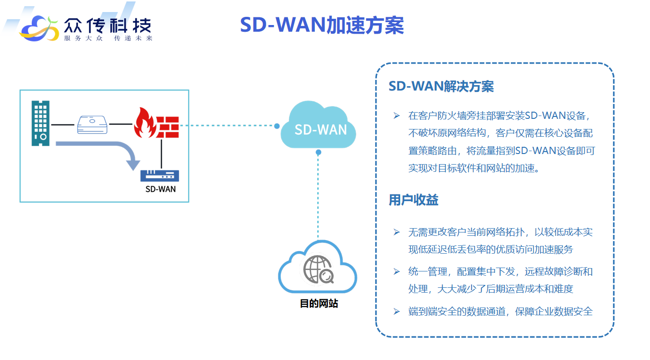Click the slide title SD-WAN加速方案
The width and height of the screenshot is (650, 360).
point(322,25)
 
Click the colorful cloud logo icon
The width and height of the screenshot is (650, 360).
point(39,28)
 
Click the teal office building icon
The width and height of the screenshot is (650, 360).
point(40,123)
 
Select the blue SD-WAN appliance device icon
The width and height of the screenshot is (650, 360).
point(159,176)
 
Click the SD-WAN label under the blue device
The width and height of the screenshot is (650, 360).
point(160,189)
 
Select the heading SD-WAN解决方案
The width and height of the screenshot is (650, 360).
point(441,86)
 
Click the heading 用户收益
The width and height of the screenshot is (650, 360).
point(414,200)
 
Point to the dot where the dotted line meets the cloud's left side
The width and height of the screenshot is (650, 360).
point(277,126)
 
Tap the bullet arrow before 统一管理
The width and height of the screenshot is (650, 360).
point(396,271)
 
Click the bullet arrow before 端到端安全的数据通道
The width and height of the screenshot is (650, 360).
point(396,311)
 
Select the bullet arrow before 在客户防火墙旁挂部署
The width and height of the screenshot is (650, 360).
point(396,116)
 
